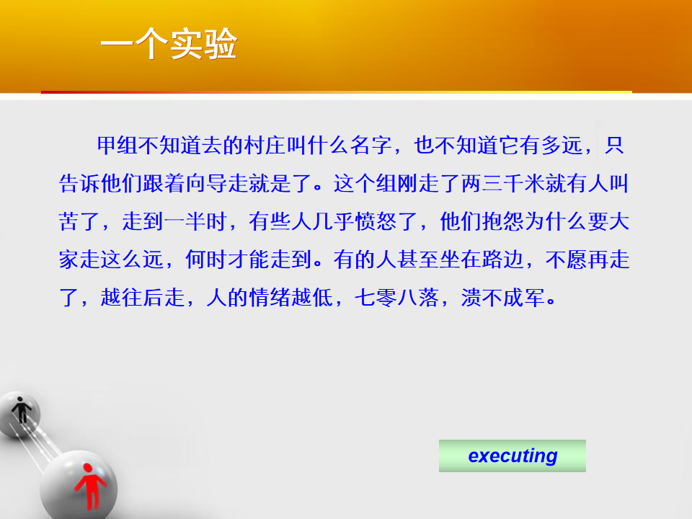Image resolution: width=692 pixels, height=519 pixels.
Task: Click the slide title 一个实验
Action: [169, 44]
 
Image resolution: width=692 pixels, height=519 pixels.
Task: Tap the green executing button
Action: [513, 456]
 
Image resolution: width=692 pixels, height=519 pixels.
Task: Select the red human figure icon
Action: [91, 486]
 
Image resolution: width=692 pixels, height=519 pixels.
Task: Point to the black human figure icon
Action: [21, 409]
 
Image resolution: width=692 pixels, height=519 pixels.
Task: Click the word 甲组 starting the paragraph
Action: [117, 145]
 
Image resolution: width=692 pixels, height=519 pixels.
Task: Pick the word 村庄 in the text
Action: [266, 145]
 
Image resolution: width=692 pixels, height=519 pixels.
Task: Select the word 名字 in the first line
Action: [372, 145]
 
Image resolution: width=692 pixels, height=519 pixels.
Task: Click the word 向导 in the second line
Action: [207, 184]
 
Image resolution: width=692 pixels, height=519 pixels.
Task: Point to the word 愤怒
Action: [376, 221]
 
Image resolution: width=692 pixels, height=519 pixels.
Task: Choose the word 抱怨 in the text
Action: [502, 221]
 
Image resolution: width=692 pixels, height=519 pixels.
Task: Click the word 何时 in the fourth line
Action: [207, 259]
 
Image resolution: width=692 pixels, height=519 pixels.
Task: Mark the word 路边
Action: [502, 259]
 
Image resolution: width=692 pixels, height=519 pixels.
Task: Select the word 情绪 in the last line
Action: [270, 298]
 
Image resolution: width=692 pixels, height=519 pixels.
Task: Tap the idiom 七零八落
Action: [396, 298]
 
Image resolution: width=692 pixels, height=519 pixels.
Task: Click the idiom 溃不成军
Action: [502, 298]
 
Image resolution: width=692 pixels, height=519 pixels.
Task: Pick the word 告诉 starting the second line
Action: [79, 184]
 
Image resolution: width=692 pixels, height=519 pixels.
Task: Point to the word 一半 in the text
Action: [185, 221]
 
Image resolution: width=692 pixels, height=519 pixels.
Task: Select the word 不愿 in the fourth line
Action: [567, 259]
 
